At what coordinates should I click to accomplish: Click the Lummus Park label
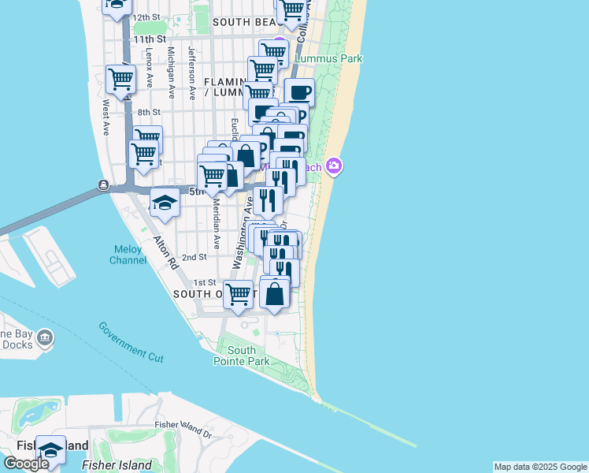328,58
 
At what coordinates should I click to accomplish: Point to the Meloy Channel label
126,255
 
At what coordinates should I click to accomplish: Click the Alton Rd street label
167,253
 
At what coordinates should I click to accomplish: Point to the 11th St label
150,39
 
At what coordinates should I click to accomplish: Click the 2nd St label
194,257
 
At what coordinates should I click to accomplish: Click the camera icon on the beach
335,166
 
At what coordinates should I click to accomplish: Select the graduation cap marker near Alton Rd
165,203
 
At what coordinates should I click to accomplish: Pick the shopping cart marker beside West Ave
121,79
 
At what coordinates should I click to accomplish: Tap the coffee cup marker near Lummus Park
299,92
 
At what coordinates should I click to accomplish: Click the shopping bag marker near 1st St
275,293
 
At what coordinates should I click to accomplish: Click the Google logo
26,464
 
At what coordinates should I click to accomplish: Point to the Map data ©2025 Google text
540,467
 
